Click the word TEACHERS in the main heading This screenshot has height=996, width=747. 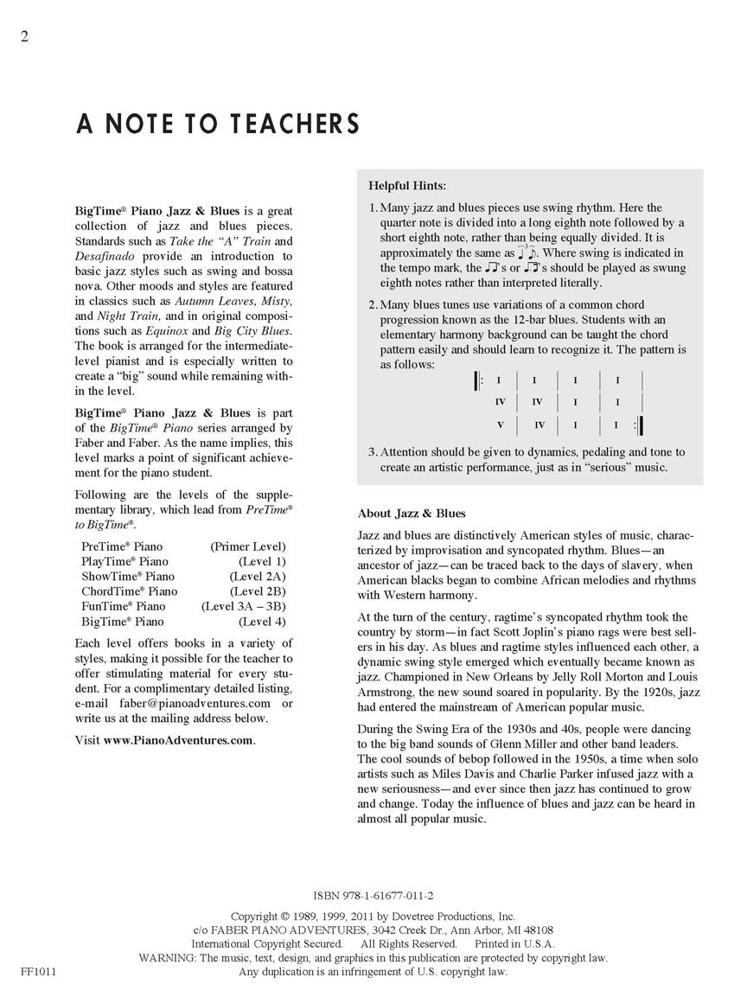tap(294, 124)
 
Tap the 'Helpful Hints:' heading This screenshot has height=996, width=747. tap(407, 185)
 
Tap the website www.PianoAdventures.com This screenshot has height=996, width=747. tap(179, 741)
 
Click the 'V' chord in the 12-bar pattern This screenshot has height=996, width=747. tap(500, 425)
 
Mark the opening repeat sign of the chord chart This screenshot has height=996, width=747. tap(478, 380)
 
